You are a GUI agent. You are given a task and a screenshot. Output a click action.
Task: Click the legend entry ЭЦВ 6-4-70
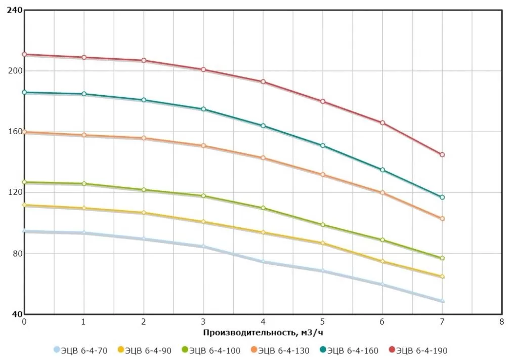pos(80,350)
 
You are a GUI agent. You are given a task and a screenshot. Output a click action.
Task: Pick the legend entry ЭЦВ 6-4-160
pos(349,350)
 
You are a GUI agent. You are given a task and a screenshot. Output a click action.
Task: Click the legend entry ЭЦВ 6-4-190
pos(418,350)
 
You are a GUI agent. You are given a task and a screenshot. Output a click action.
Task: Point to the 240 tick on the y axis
pos(14,10)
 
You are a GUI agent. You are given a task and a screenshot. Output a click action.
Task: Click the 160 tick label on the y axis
pos(14,132)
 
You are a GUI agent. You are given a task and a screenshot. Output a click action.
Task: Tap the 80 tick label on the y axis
pos(16,254)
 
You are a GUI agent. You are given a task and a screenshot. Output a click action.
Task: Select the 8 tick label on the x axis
pos(501,322)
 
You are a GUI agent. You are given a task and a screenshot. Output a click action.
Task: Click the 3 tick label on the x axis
pos(203,322)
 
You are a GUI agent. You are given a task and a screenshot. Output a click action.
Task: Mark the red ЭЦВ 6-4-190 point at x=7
pos(442,155)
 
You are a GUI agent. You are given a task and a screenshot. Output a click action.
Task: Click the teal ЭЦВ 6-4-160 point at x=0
pos(24,93)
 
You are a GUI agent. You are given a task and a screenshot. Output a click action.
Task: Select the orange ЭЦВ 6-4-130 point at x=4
pos(263,158)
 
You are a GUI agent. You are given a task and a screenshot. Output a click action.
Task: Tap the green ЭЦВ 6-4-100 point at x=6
pos(382,240)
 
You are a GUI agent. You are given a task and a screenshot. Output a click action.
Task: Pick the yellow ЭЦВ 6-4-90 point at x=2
pos(144,213)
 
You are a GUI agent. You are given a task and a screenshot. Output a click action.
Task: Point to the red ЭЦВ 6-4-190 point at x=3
pos(203,69)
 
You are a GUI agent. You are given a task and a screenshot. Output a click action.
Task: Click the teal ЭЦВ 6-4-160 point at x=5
pos(323,146)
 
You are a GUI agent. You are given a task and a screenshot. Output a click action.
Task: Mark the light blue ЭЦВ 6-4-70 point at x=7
pos(442,301)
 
